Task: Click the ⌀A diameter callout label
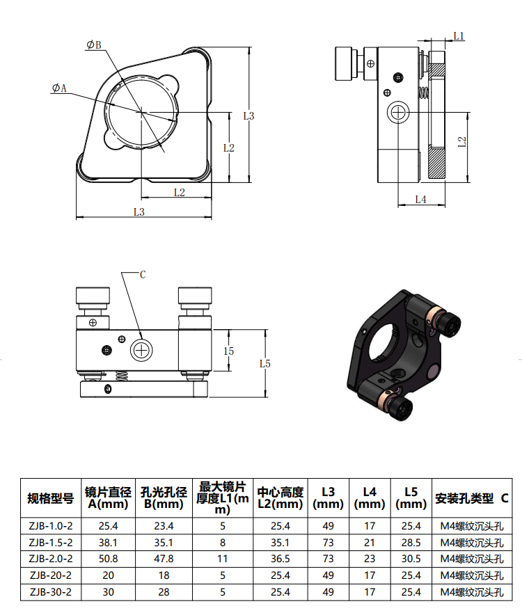click(x=59, y=88)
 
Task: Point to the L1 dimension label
click(x=459, y=35)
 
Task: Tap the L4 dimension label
click(x=420, y=200)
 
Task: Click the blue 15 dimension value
click(x=228, y=351)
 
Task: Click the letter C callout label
click(x=143, y=275)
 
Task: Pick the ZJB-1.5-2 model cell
click(x=51, y=542)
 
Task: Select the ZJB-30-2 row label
click(x=51, y=592)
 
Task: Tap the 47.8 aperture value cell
click(x=164, y=559)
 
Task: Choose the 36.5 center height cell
click(x=279, y=559)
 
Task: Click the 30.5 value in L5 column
click(x=411, y=559)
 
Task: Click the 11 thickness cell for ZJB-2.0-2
click(x=222, y=559)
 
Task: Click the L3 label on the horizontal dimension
click(x=139, y=212)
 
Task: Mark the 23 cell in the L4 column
click(x=369, y=559)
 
